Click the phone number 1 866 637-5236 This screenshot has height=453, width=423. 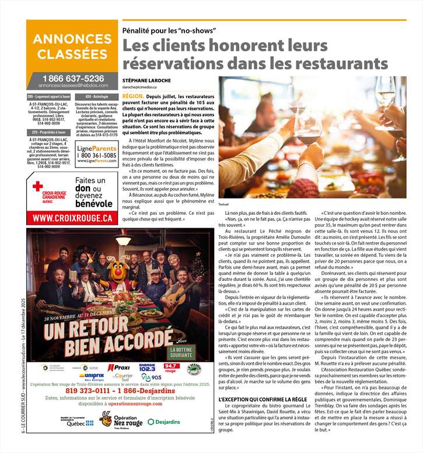click(72, 78)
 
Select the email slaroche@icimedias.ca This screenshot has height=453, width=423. click(144, 86)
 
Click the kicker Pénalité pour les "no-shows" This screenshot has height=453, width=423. click(169, 30)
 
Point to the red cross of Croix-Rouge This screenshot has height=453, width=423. click(38, 187)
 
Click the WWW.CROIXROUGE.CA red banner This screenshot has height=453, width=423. click(72, 218)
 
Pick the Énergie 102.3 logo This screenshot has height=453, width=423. click(147, 368)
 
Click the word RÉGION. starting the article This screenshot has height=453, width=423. click(134, 95)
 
